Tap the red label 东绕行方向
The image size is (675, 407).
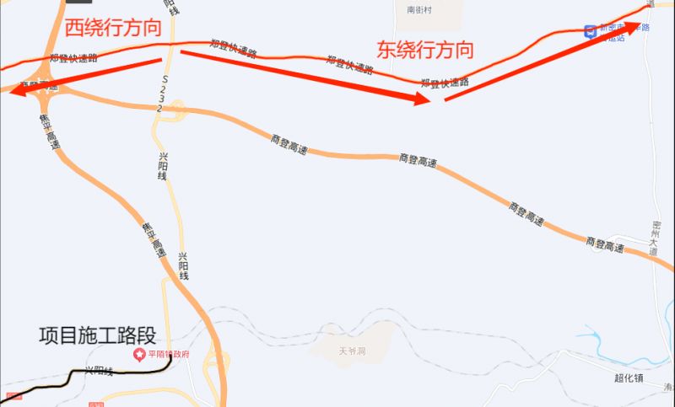pyautogui.click(x=425, y=50)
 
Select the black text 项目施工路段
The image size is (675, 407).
pyautogui.click(x=98, y=336)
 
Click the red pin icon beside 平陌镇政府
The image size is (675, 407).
pyautogui.click(x=140, y=354)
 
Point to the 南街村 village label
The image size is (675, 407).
pyautogui.click(x=419, y=11)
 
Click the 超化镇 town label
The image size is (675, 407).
pyautogui.click(x=629, y=378)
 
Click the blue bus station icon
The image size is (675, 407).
pyautogui.click(x=590, y=32)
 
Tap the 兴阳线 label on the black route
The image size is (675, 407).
pyautogui.click(x=99, y=369)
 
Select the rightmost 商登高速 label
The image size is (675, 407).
pyautogui.click(x=605, y=245)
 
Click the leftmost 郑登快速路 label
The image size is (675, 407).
pyautogui.click(x=73, y=58)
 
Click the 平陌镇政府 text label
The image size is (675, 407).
pyautogui.click(x=169, y=354)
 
